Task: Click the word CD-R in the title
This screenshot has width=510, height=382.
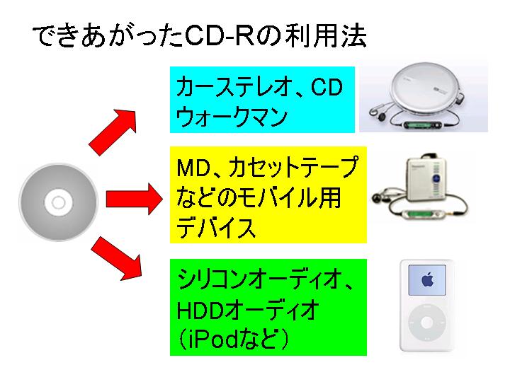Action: click(x=222, y=36)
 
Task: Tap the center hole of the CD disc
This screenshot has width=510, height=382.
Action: click(x=59, y=203)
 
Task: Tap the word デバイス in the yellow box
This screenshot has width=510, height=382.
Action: click(x=216, y=227)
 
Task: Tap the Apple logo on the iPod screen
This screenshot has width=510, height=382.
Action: click(x=426, y=278)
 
